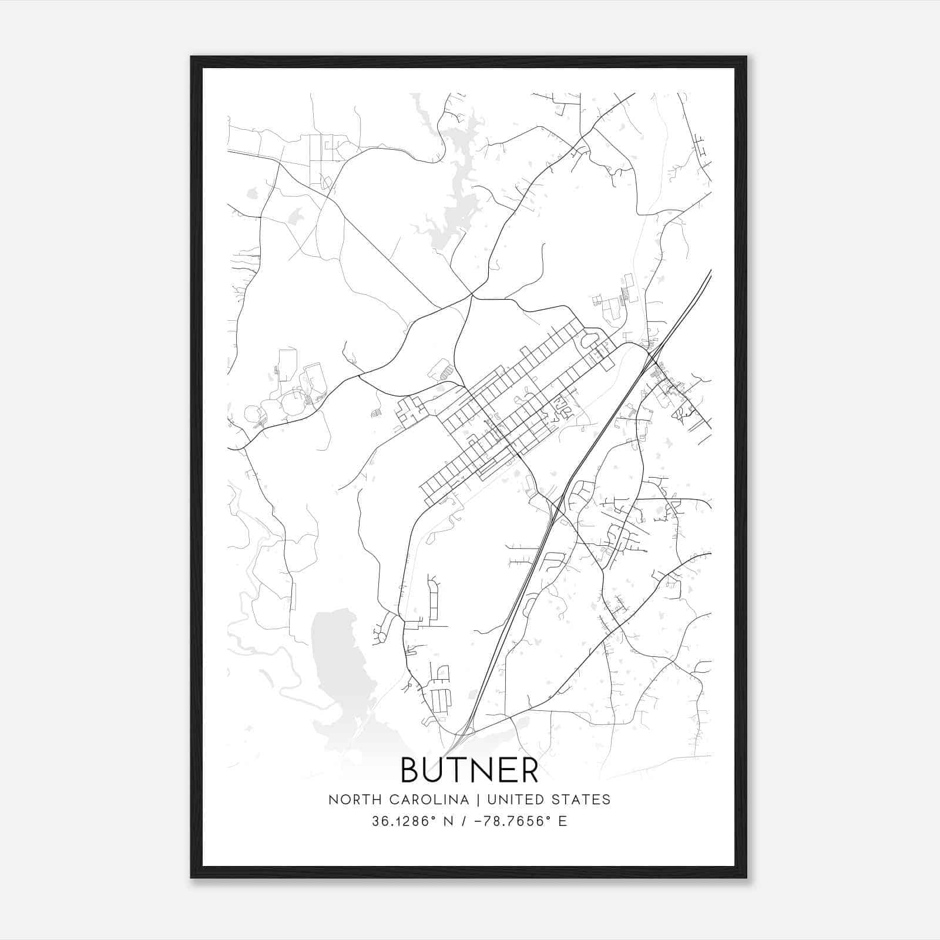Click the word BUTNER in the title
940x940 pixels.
click(x=469, y=770)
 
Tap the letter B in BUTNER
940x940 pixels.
click(x=411, y=770)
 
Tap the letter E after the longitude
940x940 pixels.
click(x=563, y=821)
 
